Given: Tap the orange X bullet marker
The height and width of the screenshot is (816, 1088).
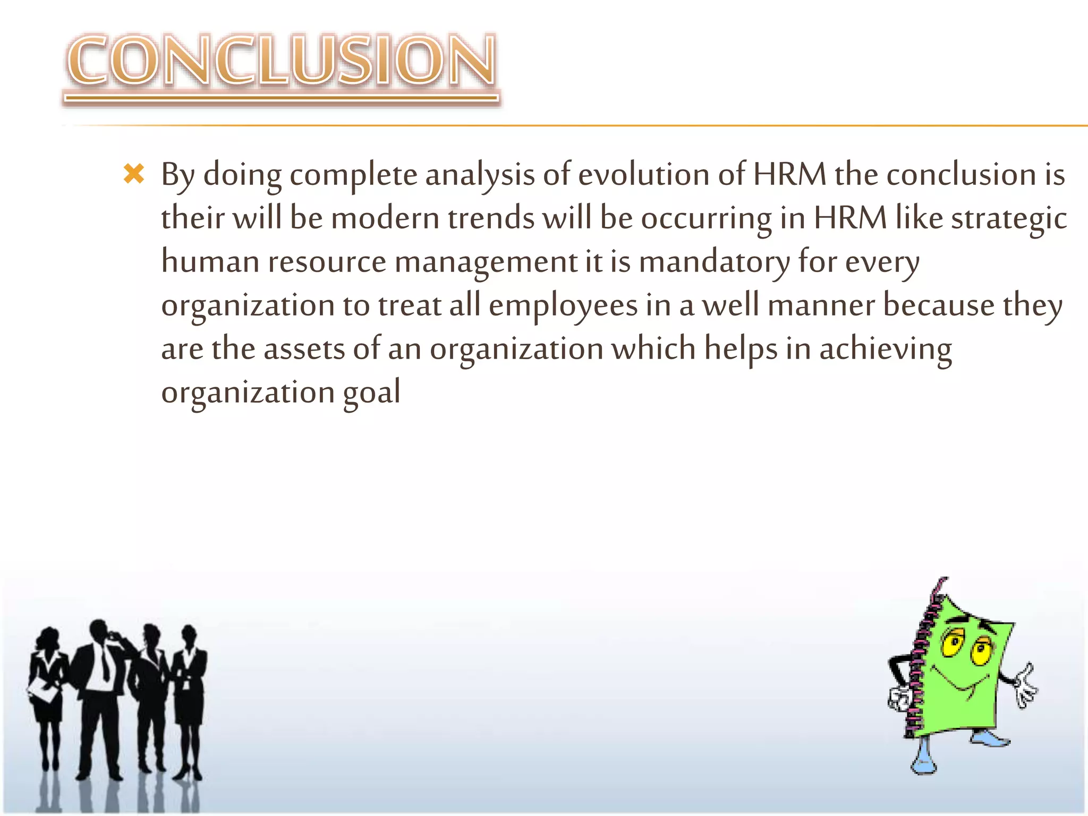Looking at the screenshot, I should click(x=134, y=174).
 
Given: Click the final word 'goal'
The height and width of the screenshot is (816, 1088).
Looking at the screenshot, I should click(x=371, y=394).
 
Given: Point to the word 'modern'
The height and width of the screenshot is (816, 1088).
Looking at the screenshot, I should click(x=385, y=218).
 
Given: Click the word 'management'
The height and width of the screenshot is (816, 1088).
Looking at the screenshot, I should click(x=486, y=262).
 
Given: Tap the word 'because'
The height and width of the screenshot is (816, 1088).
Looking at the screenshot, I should click(x=938, y=306).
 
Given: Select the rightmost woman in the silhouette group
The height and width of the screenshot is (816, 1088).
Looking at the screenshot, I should click(x=189, y=685).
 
